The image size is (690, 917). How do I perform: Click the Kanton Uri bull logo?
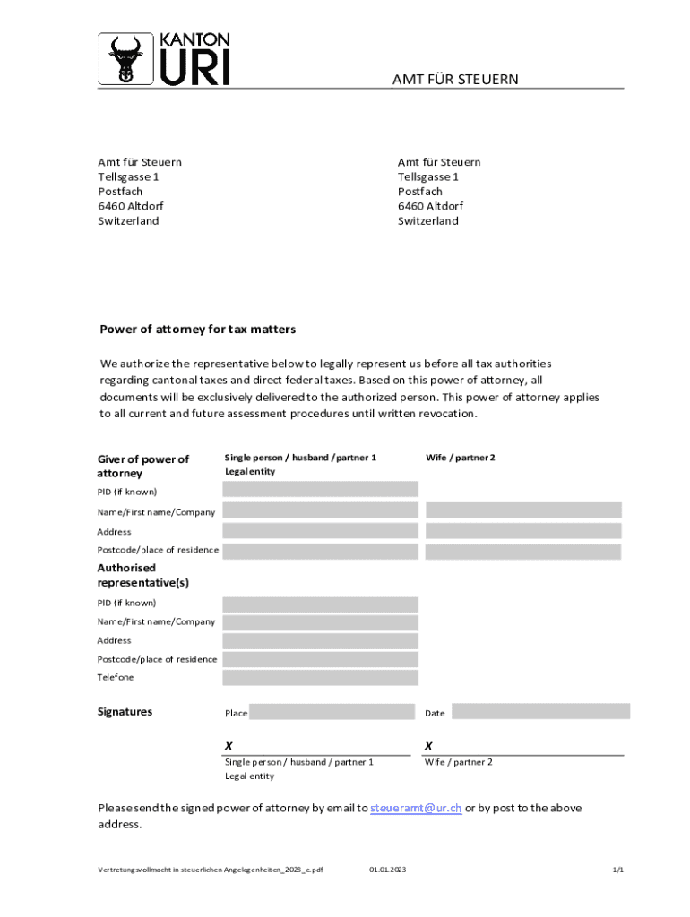point(125,60)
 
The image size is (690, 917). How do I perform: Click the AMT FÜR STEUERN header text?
point(455,81)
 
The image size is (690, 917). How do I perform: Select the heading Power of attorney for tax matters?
point(197,330)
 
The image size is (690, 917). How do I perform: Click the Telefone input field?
point(320,678)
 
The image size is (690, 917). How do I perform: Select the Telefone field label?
point(116,678)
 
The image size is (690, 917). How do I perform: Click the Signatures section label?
point(125,712)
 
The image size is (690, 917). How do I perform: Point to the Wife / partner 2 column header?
point(461,458)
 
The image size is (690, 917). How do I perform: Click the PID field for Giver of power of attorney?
point(320,489)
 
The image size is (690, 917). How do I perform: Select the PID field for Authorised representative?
point(320,604)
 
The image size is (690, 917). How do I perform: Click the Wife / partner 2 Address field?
point(523,531)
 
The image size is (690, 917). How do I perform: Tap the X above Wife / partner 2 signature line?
point(428,745)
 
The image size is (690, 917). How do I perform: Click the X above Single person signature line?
point(229,745)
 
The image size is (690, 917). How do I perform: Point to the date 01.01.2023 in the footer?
point(387,870)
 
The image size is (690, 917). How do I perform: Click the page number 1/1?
point(617,870)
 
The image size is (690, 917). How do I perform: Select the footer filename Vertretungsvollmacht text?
point(210,870)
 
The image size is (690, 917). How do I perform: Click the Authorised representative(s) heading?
point(142,575)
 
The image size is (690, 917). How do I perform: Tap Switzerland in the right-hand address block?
point(427,221)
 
